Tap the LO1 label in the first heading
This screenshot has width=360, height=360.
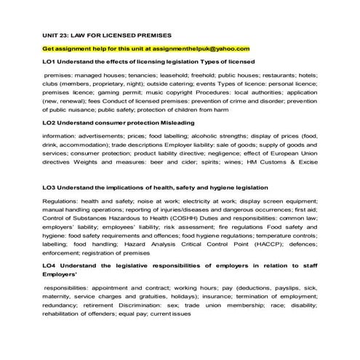click(49, 62)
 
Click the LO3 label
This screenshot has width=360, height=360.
click(49, 188)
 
